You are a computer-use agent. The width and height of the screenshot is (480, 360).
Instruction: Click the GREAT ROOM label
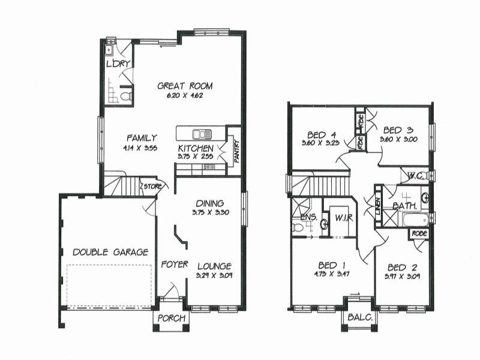[x=185, y=86]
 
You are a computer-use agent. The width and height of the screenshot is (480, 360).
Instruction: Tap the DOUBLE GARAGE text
[x=110, y=252]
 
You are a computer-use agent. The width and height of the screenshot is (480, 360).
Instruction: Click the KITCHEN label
[x=195, y=148]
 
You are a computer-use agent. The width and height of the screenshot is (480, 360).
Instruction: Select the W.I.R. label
[x=343, y=217]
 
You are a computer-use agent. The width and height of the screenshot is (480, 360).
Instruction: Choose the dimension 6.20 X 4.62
[x=185, y=95]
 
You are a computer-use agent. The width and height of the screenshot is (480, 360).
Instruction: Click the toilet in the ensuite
[x=298, y=227]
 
